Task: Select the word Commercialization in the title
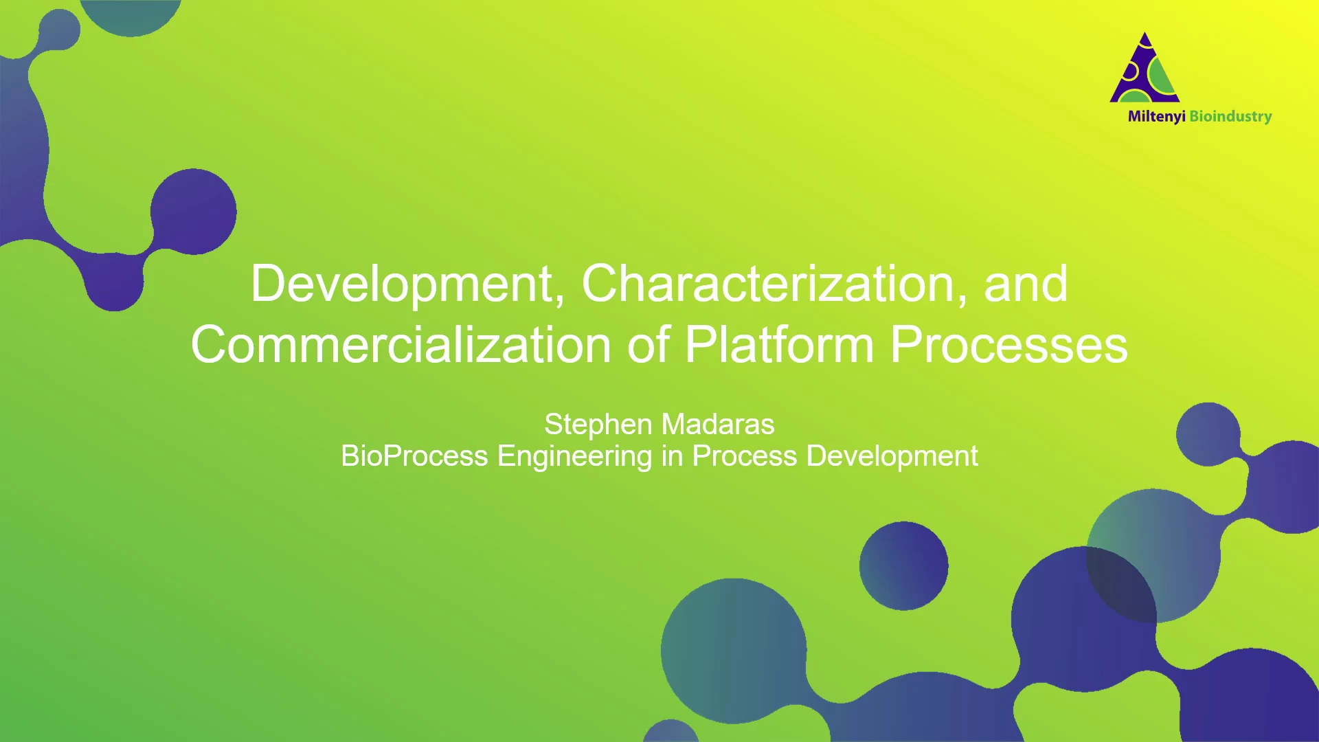click(x=401, y=344)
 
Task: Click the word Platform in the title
click(x=779, y=344)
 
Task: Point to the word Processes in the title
click(x=1009, y=344)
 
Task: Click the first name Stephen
click(x=598, y=425)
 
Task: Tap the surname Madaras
click(x=718, y=425)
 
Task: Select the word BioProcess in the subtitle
click(x=414, y=456)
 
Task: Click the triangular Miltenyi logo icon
click(x=1145, y=67)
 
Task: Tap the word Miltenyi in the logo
click(x=1156, y=117)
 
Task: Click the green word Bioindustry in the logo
click(x=1230, y=117)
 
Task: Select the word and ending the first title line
click(x=1026, y=284)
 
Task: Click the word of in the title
click(x=649, y=344)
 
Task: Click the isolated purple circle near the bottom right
click(x=903, y=566)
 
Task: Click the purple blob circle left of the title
click(x=194, y=212)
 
